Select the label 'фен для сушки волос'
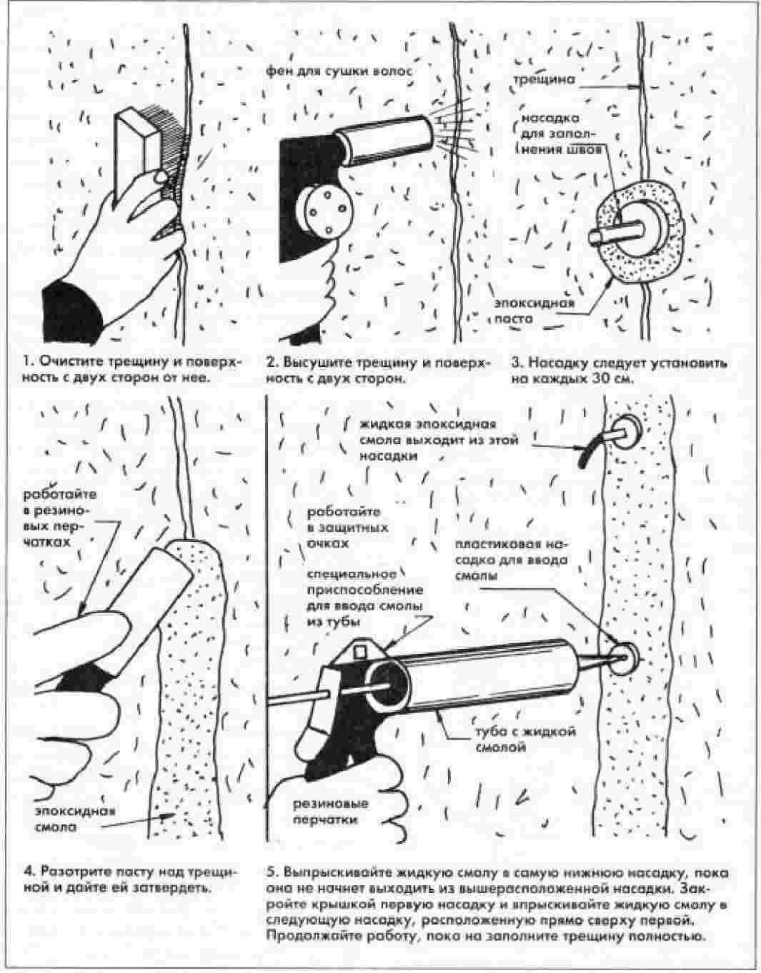pyautogui.click(x=339, y=71)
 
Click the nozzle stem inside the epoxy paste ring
pyautogui.click(x=615, y=233)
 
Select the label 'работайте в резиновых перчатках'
pyautogui.click(x=59, y=518)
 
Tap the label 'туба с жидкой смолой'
pyautogui.click(x=514, y=740)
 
